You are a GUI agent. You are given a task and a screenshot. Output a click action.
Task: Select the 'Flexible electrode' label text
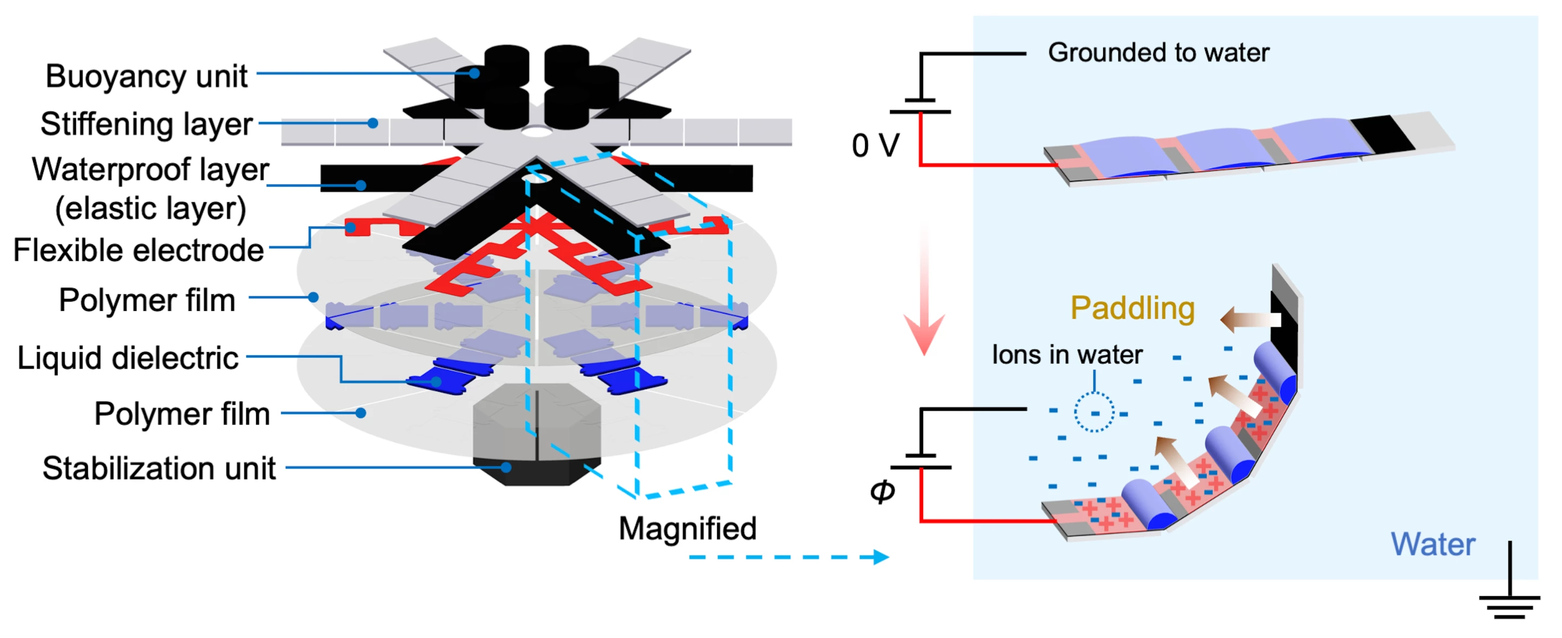click(138, 251)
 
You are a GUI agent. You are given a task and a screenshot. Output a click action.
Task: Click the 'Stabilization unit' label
click(159, 469)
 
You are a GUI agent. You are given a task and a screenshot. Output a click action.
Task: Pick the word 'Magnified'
click(688, 529)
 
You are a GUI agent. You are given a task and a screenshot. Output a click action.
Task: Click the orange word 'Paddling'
click(1132, 308)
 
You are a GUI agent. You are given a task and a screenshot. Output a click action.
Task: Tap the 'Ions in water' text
click(1067, 355)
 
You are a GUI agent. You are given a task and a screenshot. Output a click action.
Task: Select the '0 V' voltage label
click(875, 146)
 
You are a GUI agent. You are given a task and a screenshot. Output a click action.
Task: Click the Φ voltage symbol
click(882, 490)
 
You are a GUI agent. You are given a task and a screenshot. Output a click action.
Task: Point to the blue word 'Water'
click(1432, 544)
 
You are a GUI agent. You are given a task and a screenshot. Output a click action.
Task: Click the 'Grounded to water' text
click(1158, 53)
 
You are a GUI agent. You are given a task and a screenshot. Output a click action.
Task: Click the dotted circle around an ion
click(1094, 412)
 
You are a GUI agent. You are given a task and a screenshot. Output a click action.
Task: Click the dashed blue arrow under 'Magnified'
click(788, 557)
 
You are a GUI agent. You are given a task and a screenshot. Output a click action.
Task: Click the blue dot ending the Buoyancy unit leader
click(475, 73)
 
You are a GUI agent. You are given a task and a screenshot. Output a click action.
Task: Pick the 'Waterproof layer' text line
click(150, 170)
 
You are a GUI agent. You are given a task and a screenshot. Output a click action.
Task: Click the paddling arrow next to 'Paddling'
click(1249, 320)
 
